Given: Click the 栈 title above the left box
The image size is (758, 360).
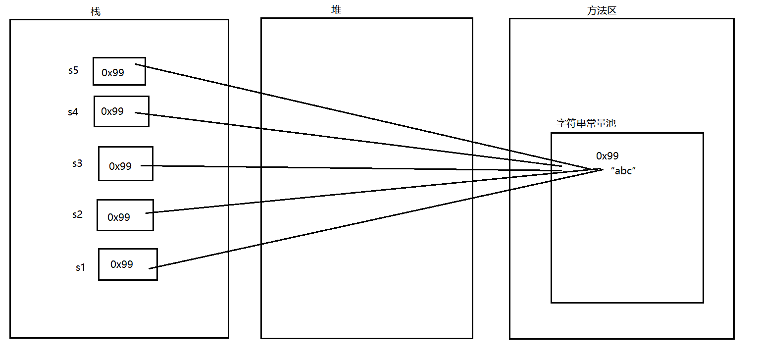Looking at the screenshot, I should point(96,11).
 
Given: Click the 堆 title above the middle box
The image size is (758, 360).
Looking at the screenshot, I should point(336,10).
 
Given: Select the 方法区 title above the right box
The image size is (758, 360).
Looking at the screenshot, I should point(602,10).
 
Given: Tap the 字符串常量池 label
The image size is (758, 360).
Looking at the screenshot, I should point(586,123).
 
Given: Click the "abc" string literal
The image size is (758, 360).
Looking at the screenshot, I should point(623,171).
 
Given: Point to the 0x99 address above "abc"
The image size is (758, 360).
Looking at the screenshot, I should point(607,156).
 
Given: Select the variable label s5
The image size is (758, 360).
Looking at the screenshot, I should point(73,70).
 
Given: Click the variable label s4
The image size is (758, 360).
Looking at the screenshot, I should point(73,112).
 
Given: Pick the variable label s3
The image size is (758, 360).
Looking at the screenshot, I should point(77,163).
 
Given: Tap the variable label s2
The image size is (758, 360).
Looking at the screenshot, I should point(77,214).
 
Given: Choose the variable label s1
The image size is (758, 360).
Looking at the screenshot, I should point(81,267).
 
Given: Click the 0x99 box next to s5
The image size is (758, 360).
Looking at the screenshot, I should point(119,71).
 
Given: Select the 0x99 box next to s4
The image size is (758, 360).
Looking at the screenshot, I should point(121,111).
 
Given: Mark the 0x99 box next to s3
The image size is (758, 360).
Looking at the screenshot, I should point(126,163).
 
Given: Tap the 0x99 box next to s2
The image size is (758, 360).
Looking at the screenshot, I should point(125,215).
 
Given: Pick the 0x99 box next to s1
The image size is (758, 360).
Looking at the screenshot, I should point(128,264).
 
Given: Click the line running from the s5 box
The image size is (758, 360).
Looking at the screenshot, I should point(347,113).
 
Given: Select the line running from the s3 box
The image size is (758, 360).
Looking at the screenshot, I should point(347,168).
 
